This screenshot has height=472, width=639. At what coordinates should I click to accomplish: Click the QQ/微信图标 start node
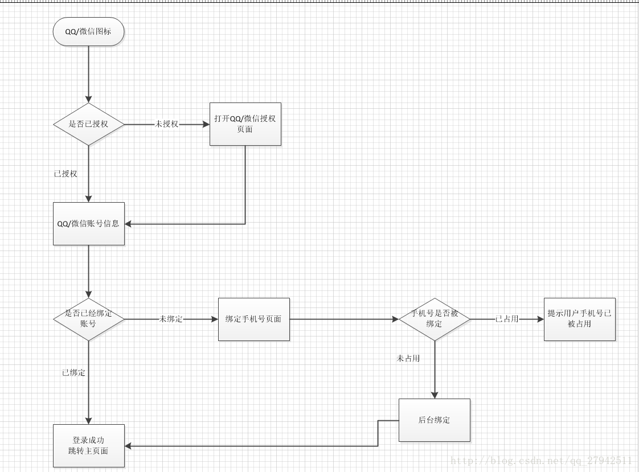point(88,32)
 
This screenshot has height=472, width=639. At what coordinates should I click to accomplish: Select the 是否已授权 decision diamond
point(88,124)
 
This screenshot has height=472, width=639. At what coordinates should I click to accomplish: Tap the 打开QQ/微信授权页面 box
point(245,124)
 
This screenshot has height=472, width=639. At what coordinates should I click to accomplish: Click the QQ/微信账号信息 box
point(88,224)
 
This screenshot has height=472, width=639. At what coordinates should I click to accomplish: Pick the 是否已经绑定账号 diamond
point(88,319)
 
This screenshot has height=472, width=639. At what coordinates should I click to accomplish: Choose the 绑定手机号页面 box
point(253,319)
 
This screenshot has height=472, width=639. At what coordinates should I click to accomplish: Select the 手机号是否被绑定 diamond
point(434,319)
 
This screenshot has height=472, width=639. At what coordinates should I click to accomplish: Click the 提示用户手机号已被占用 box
point(579,319)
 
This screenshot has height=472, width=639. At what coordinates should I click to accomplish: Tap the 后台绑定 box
point(434,420)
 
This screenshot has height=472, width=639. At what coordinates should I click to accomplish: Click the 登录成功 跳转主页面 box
point(88,446)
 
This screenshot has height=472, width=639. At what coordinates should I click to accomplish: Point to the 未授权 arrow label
point(166,124)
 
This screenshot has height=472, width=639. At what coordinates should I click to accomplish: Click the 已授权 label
point(65,174)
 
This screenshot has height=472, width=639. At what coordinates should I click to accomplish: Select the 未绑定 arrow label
point(170,319)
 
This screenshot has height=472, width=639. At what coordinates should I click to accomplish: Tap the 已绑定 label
point(73,373)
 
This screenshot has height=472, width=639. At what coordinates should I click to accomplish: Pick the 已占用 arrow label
point(506,319)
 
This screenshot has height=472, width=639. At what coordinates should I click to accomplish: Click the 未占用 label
point(408,358)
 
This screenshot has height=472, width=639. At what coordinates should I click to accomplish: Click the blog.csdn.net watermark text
point(540,461)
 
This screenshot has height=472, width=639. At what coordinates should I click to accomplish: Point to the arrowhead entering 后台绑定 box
point(434,395)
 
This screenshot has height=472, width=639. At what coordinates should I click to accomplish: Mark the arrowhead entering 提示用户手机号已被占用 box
point(540,319)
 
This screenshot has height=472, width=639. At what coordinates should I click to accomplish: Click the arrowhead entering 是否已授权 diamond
point(88,99)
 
